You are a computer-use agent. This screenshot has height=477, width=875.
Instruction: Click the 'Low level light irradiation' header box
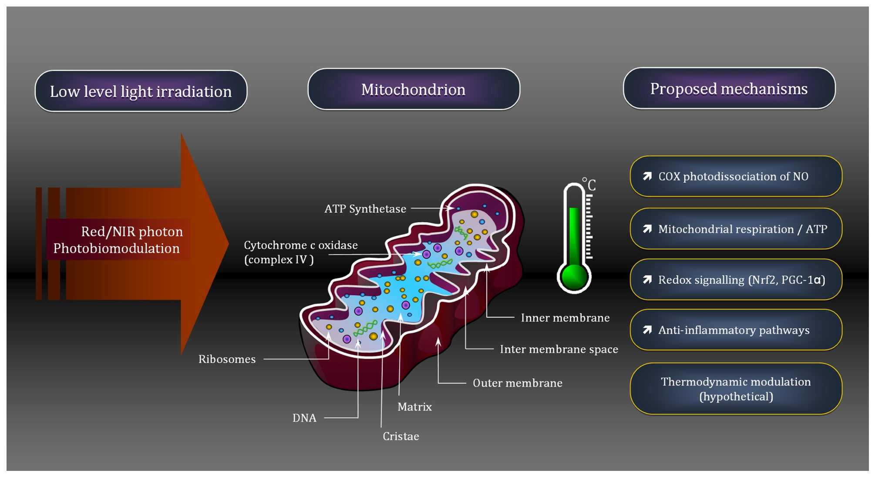(x=141, y=91)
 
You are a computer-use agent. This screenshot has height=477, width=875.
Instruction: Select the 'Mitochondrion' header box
(x=414, y=89)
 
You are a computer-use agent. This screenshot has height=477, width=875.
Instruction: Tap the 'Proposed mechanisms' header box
(x=729, y=88)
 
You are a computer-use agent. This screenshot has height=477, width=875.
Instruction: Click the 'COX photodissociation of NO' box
(x=736, y=176)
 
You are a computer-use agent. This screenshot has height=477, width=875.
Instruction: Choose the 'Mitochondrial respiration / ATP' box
(x=736, y=228)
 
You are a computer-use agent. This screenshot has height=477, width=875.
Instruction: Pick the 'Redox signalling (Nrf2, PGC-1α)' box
(x=736, y=279)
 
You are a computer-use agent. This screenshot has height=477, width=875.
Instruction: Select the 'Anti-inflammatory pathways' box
(x=736, y=330)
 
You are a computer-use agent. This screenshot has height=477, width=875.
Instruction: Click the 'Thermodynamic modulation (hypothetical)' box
(x=736, y=389)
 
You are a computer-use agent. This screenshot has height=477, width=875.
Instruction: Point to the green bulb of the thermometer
(x=574, y=276)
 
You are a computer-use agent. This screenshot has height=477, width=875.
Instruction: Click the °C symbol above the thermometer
(x=589, y=184)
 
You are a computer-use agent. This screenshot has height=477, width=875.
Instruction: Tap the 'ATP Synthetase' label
(x=365, y=209)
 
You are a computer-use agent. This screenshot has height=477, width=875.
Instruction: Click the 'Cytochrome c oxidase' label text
(x=301, y=245)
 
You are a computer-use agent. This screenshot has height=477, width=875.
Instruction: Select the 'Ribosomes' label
(x=227, y=359)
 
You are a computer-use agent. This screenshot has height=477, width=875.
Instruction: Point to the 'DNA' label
(x=304, y=418)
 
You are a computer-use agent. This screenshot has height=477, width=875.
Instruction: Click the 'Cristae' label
(x=401, y=436)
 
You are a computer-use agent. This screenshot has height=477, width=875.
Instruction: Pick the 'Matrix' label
(x=415, y=406)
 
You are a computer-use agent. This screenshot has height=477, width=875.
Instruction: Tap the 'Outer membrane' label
(x=518, y=383)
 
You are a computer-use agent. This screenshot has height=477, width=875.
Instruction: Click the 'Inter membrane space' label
(x=559, y=349)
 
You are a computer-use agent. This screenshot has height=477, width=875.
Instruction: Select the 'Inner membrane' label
(x=565, y=318)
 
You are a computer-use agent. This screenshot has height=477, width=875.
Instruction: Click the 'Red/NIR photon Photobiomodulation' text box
(x=118, y=239)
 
